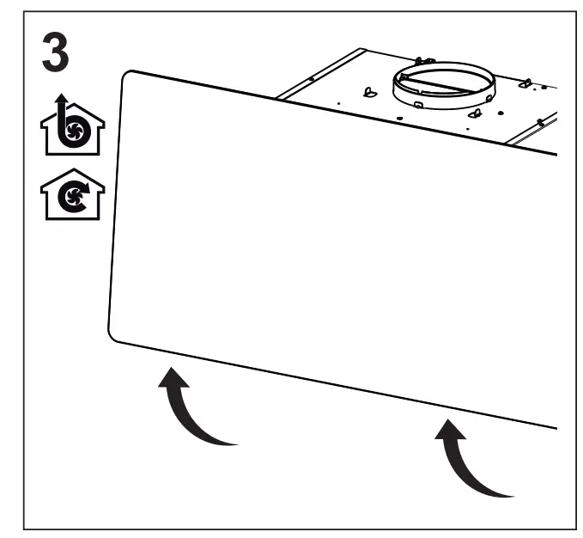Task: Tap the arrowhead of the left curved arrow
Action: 173,377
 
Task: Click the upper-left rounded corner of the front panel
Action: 129,77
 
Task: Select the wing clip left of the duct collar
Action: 369,92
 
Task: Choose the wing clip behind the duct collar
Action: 420,62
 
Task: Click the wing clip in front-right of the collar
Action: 473,112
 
